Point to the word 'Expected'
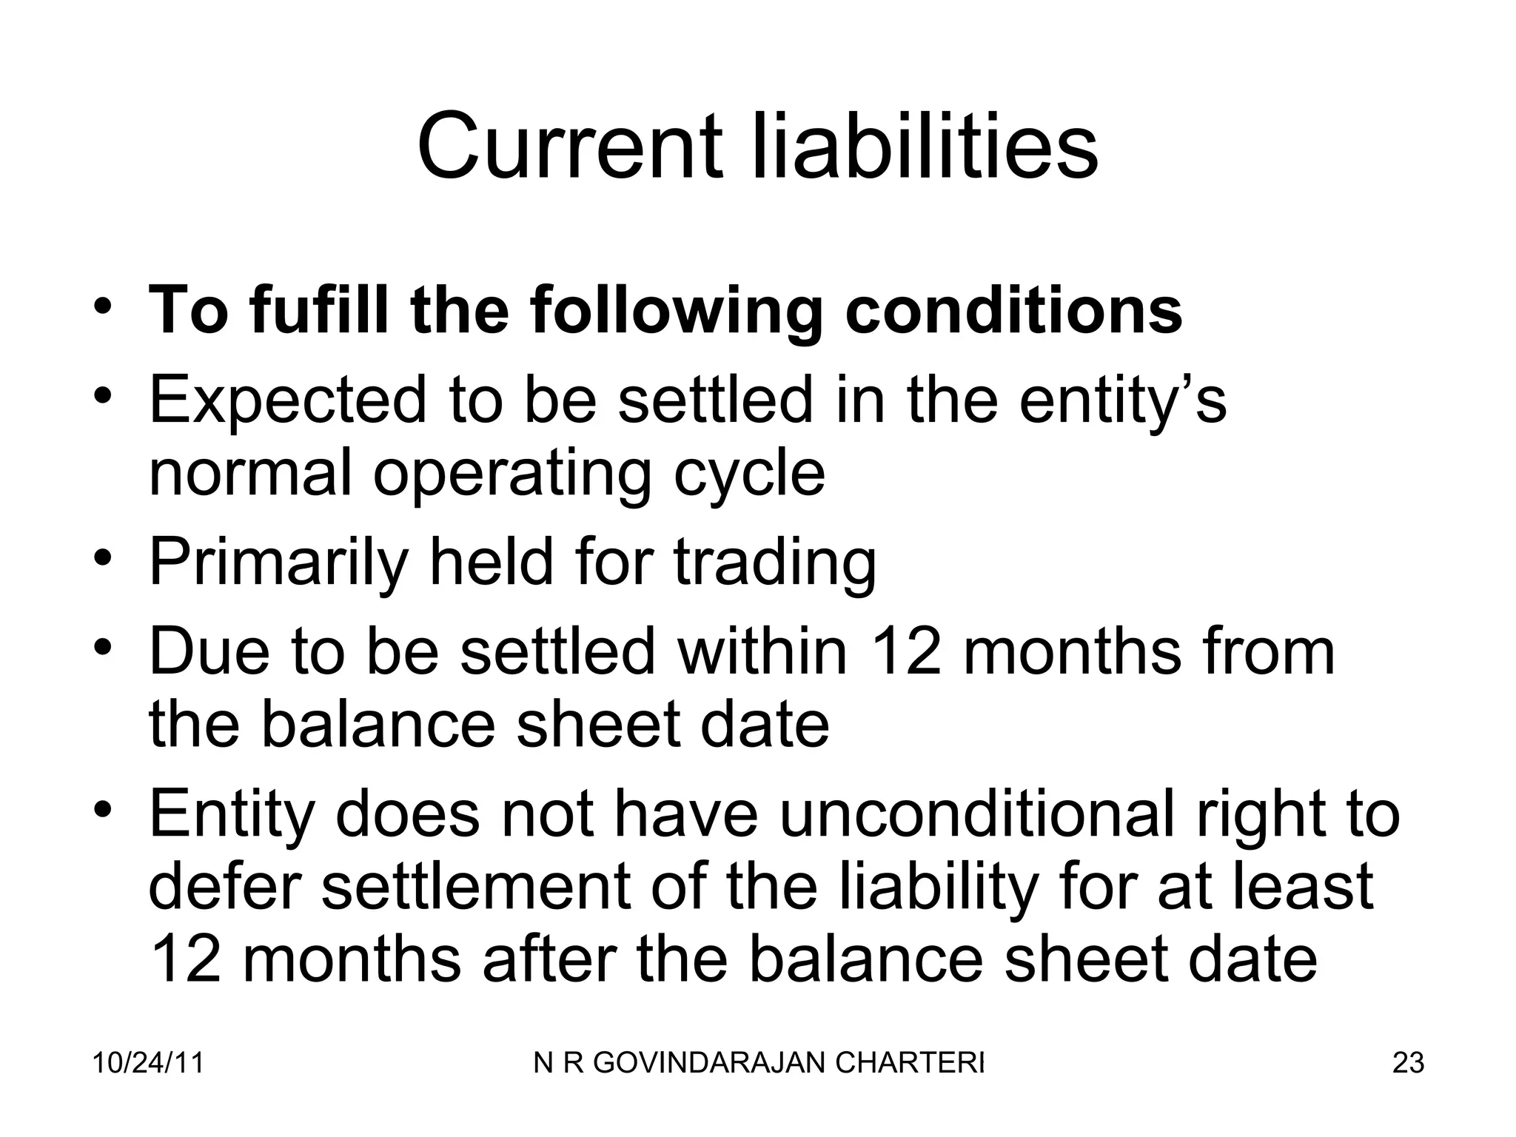click(288, 400)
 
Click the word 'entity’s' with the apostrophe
click(1122, 400)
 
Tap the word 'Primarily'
click(278, 563)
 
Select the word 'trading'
click(775, 563)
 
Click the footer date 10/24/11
click(148, 1063)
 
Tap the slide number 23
click(1408, 1063)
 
